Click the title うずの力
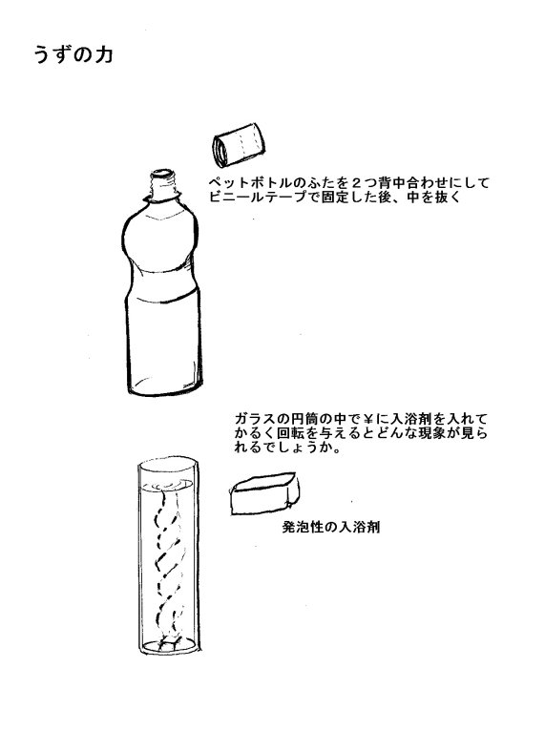tap(73, 55)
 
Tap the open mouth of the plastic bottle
tap(162, 175)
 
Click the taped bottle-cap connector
tap(239, 145)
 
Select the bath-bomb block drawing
tap(264, 493)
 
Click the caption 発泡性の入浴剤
tap(331, 528)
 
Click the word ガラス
tap(255, 419)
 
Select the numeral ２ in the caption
tap(357, 183)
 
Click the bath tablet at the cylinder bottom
tap(169, 643)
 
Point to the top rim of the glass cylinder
tap(168, 464)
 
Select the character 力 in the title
tap(103, 55)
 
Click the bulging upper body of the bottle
tap(160, 240)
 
